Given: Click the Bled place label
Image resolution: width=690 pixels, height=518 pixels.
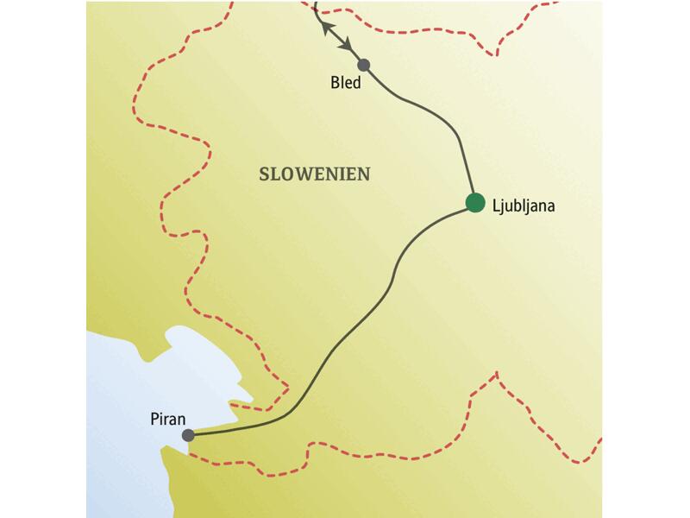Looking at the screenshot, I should point(346,85).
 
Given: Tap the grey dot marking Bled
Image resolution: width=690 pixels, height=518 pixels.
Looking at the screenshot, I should point(364,65).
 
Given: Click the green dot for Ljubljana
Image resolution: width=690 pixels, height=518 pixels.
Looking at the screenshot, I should point(474,204).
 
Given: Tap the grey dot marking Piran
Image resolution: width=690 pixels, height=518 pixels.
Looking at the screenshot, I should point(189,436).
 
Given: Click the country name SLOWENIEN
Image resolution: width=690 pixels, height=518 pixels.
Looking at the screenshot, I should point(315,174).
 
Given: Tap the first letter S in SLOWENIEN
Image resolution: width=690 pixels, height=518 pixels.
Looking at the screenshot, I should point(265,174).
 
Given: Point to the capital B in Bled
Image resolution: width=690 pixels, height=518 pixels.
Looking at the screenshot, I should point(335,85).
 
